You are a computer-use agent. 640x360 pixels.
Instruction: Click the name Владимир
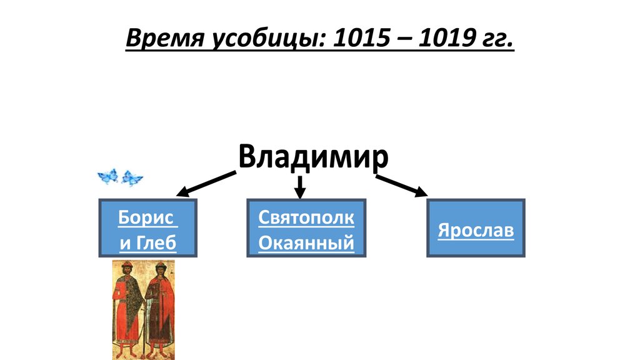coord(312,156)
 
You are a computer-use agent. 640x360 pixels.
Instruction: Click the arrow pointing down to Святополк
coord(300,186)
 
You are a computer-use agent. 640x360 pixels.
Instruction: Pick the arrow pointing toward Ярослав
coord(402,184)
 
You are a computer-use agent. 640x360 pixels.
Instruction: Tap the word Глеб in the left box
coord(156,242)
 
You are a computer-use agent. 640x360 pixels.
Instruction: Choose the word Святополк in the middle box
coord(306,219)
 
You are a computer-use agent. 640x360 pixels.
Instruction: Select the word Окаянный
coord(306,242)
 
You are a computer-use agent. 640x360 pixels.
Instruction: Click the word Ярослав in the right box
coord(476,230)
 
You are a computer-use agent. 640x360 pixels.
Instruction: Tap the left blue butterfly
coord(108,177)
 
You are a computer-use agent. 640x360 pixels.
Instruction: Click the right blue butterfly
coord(132,178)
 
